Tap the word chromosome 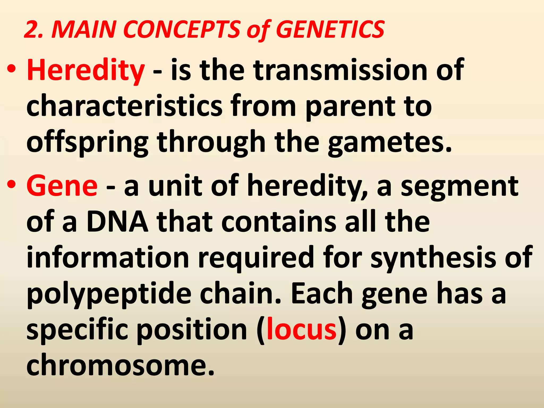120,365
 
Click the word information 108,257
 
